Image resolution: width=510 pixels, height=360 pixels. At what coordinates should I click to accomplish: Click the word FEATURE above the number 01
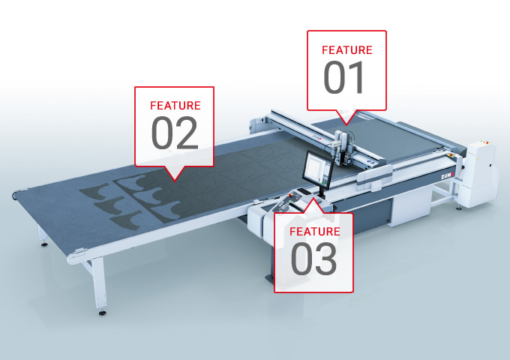tap(347, 50)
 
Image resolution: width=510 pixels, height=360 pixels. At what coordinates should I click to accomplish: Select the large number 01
tap(343, 77)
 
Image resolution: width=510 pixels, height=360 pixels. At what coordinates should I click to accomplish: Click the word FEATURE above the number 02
tap(175, 106)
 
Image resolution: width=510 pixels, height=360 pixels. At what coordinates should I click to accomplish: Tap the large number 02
tap(175, 133)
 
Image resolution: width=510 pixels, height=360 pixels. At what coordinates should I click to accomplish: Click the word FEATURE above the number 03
tap(315, 232)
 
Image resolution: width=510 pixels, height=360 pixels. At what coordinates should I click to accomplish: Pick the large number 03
tap(313, 259)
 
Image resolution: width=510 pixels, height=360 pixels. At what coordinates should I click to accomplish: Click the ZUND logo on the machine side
tap(447, 176)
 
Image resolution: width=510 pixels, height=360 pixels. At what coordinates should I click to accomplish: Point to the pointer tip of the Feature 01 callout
tap(346, 125)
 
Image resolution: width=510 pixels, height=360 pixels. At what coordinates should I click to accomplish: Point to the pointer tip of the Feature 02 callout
tap(175, 181)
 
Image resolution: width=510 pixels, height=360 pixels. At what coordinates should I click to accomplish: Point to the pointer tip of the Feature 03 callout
tap(313, 198)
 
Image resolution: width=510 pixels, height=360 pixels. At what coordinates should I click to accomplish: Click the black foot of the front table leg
tap(102, 313)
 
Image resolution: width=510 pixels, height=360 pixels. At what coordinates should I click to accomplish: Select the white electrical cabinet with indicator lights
tap(481, 174)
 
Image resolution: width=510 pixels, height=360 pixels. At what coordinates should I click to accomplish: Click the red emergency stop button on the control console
tap(290, 195)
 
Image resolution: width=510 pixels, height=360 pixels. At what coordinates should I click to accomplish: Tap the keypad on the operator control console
tap(282, 205)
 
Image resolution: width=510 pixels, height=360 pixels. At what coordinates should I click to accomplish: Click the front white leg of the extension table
tap(98, 282)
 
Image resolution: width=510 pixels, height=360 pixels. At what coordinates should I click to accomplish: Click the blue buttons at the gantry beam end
tap(370, 161)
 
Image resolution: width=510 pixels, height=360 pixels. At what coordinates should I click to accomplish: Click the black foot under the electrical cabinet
tap(459, 208)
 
